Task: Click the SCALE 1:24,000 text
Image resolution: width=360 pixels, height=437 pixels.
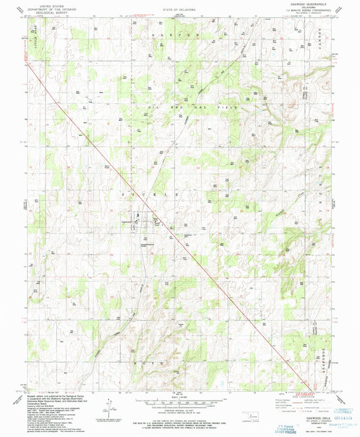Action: pyautogui.click(x=179, y=396)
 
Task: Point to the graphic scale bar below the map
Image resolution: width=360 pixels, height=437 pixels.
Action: pyautogui.click(x=179, y=403)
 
